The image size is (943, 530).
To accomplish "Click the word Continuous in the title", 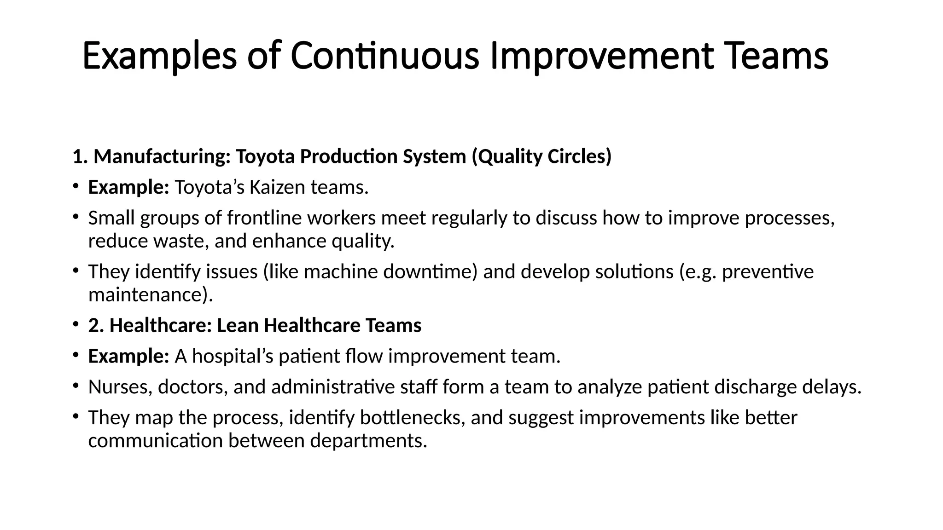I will tap(384, 56).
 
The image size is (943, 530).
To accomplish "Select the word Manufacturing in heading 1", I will tap(162, 156).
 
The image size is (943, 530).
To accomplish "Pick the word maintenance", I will tap(150, 294).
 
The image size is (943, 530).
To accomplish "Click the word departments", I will tap(368, 440).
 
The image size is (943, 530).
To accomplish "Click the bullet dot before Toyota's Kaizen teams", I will tap(76, 187).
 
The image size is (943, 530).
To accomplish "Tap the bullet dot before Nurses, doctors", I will tap(76, 386).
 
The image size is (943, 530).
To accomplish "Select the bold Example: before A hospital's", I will tap(128, 356).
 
